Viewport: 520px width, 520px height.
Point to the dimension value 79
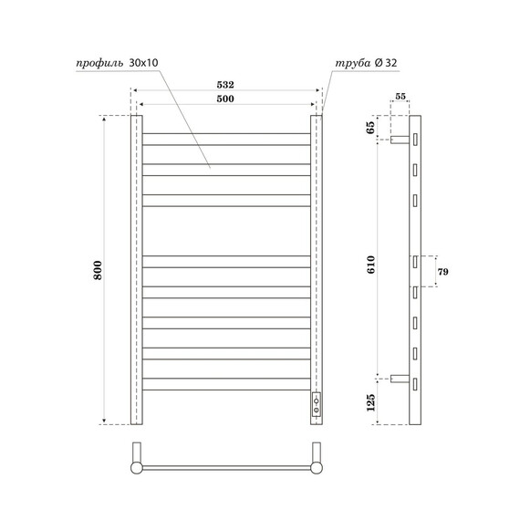[444, 272]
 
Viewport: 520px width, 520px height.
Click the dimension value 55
[401, 96]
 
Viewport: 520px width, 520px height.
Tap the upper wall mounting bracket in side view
[400, 140]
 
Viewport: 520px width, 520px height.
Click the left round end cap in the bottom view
[137, 467]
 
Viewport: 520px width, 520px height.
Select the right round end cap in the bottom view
[317, 467]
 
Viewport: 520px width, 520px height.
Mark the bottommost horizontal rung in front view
[226, 386]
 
